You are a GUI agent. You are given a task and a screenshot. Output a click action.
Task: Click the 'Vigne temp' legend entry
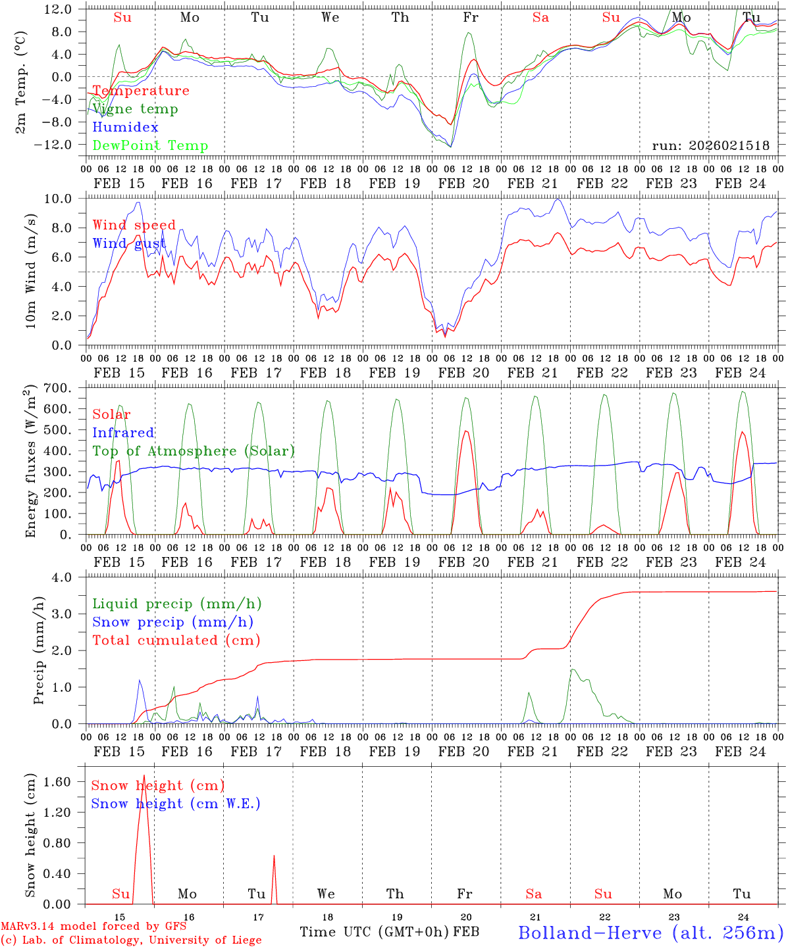click(x=135, y=109)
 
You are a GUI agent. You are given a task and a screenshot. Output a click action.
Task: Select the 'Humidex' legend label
click(x=125, y=128)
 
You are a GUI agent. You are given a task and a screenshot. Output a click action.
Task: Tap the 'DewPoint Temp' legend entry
click(x=150, y=146)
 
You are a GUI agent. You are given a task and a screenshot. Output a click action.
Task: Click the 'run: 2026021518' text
click(x=710, y=146)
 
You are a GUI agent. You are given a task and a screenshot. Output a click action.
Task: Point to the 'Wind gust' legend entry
click(x=129, y=244)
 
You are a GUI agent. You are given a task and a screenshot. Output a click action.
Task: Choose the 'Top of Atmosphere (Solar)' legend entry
click(x=194, y=451)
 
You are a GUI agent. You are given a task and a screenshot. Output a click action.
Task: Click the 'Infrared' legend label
click(x=123, y=433)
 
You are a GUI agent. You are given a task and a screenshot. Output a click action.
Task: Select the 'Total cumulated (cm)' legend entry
click(x=176, y=641)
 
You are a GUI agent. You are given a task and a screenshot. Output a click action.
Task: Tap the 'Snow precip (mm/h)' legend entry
click(x=172, y=622)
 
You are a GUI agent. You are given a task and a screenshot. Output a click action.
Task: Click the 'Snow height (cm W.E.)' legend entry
click(x=176, y=804)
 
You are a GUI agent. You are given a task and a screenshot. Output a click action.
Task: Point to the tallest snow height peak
click(x=144, y=777)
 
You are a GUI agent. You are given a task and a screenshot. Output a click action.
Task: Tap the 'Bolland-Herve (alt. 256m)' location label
click(x=650, y=933)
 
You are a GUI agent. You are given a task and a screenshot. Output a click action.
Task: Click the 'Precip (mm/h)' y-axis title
click(x=39, y=650)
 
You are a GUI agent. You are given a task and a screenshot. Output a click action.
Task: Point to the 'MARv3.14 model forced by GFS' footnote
click(x=93, y=927)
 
